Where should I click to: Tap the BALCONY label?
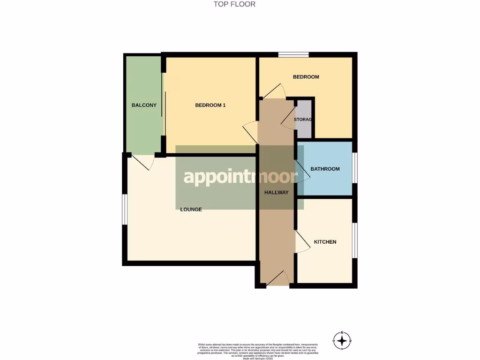click(x=144, y=105)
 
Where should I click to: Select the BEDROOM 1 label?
click(x=210, y=105)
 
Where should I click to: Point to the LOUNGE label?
click(x=191, y=209)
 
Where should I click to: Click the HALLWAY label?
click(x=276, y=192)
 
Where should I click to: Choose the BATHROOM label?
click(x=325, y=169)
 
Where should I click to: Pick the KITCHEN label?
click(x=325, y=242)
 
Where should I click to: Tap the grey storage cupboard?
click(x=304, y=120)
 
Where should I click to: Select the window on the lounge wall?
click(x=125, y=209)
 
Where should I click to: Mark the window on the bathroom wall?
click(x=354, y=168)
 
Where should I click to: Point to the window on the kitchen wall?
click(x=354, y=240)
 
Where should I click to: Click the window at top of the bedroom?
click(x=293, y=54)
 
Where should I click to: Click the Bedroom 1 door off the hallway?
click(x=251, y=129)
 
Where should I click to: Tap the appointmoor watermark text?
click(x=240, y=177)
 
